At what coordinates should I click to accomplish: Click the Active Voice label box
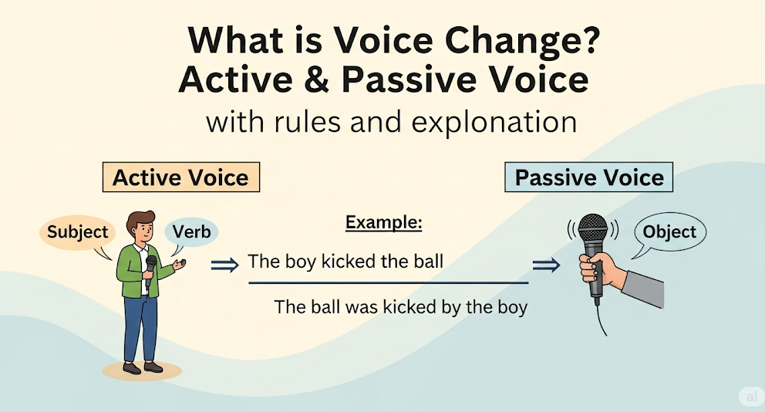coord(181,177)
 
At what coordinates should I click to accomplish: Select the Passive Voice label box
coord(589,177)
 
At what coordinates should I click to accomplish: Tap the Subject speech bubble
coord(78,234)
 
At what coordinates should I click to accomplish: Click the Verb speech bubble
coord(191,232)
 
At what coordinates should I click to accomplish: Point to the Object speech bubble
coord(669,233)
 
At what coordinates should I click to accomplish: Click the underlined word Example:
coord(383,223)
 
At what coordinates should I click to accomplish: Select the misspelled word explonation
coord(494,122)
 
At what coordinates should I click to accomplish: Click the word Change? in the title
coord(523,40)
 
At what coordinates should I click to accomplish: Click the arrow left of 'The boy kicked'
coord(225,265)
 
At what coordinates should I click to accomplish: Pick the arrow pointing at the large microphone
coord(547,265)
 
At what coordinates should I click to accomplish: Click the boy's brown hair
coord(140,221)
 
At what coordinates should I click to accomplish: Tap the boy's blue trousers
coord(140,328)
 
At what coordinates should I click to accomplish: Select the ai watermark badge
coord(751,397)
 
